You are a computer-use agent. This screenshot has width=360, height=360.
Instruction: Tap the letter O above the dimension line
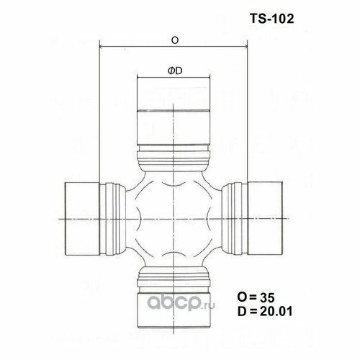click(175, 41)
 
